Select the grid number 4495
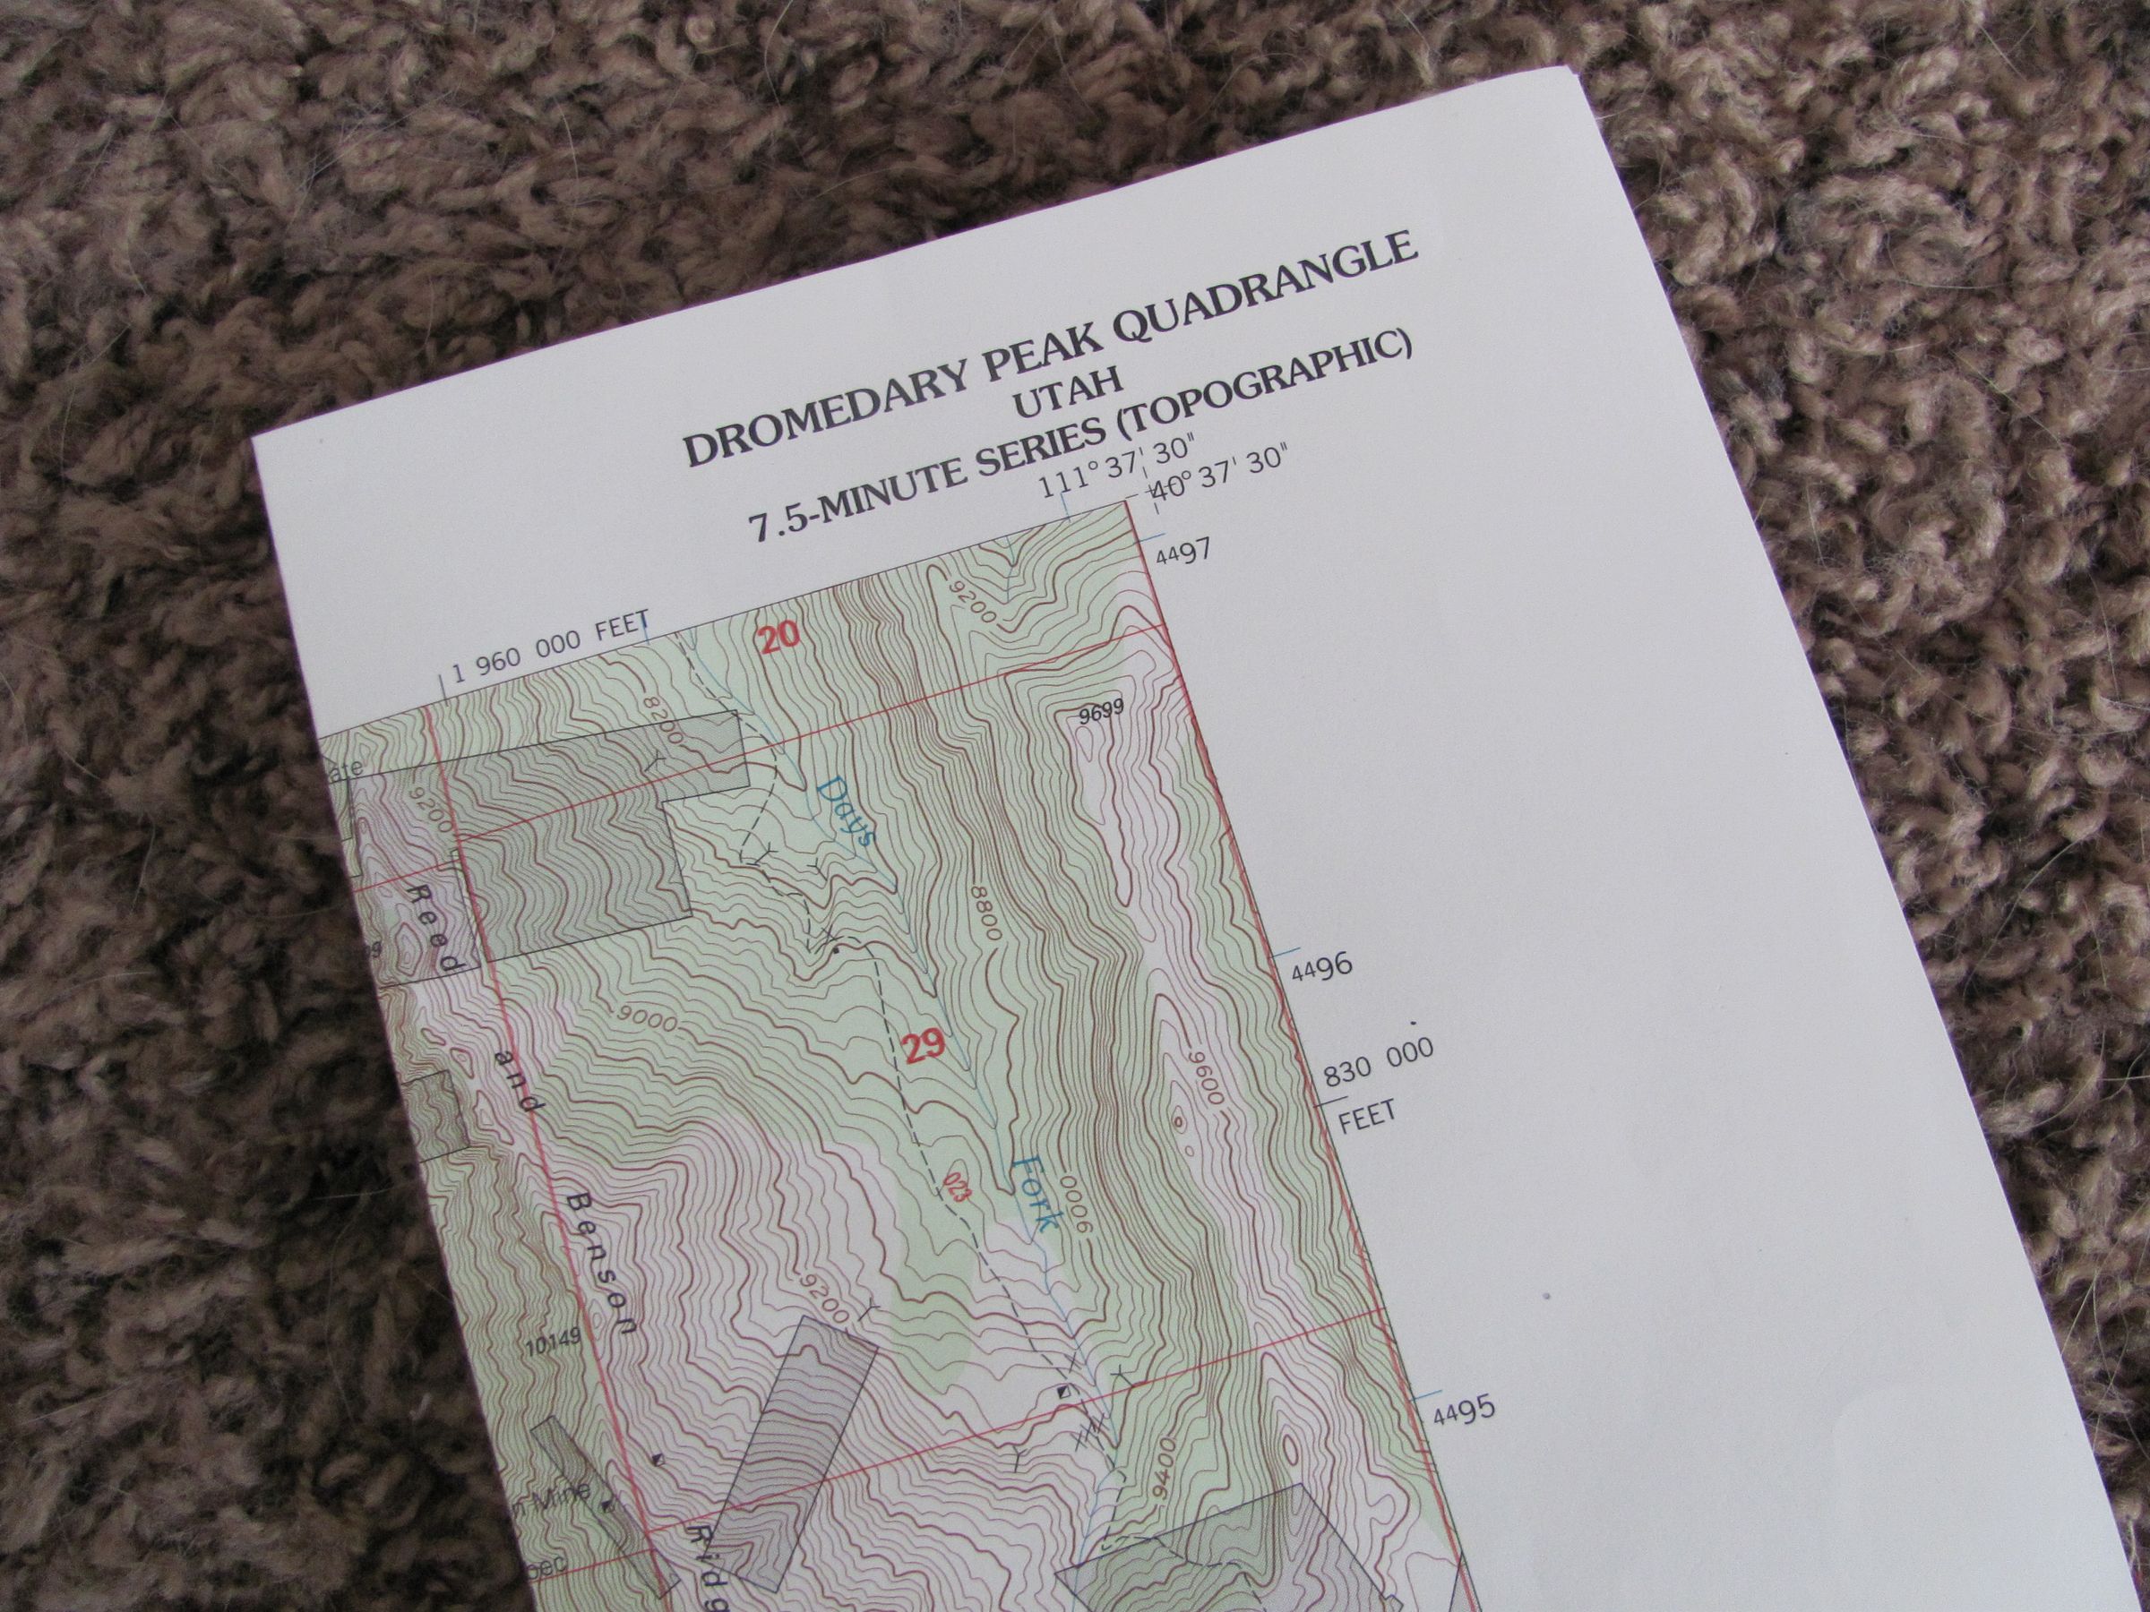pyautogui.click(x=1463, y=1410)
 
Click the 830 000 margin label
pyautogui.click(x=1380, y=1059)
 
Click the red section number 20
pyautogui.click(x=779, y=638)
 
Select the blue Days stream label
pyautogui.click(x=847, y=812)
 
